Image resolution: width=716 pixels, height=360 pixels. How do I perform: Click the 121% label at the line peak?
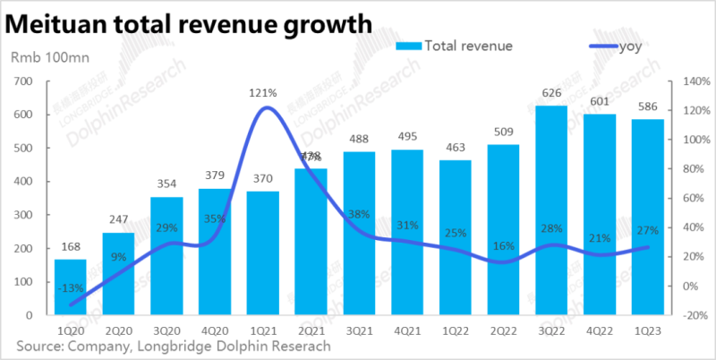pyautogui.click(x=264, y=92)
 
